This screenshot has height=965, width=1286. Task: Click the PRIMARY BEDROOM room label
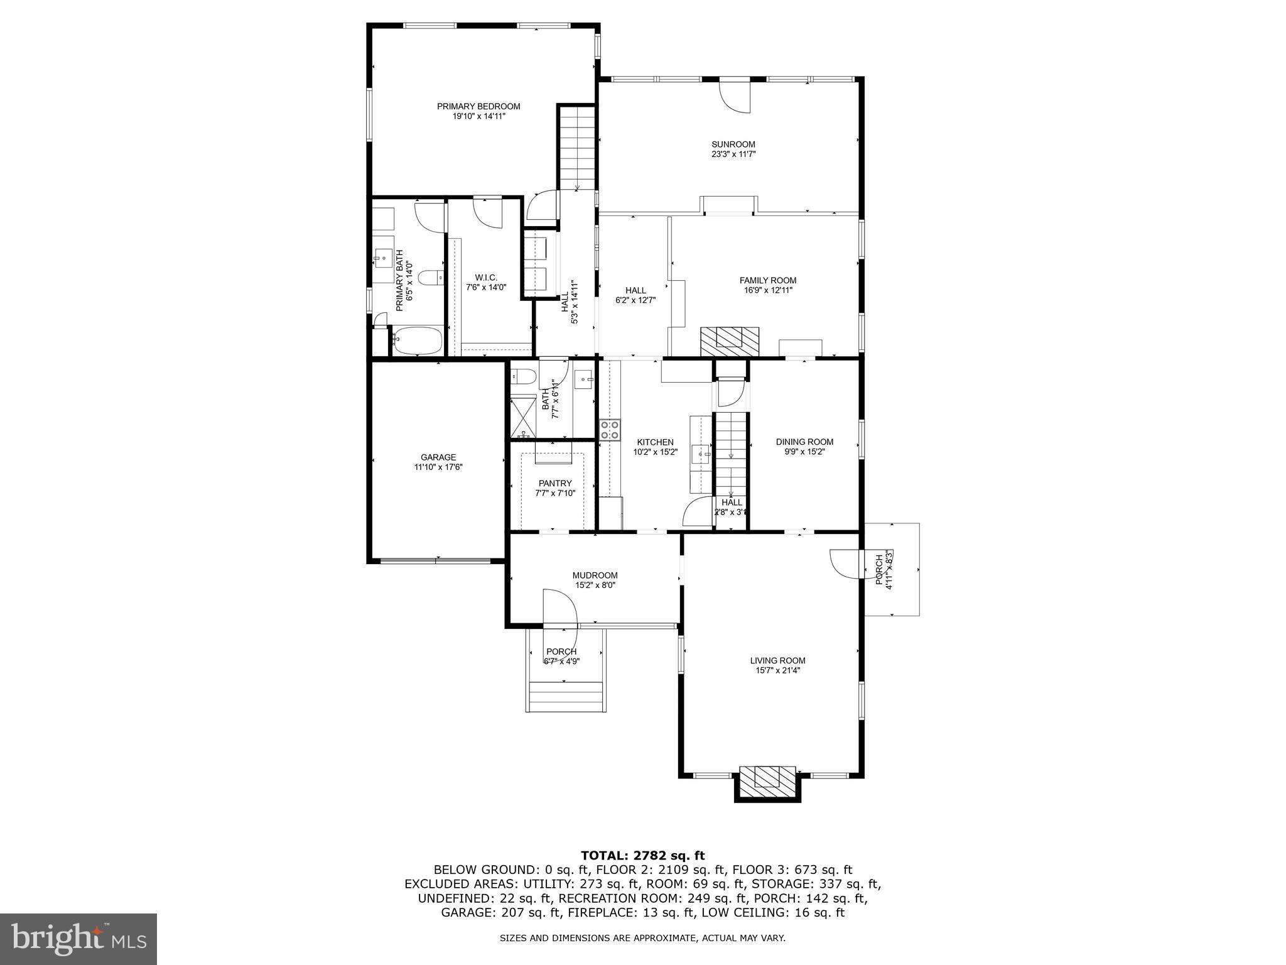tap(478, 106)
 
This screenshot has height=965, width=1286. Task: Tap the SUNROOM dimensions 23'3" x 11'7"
tap(733, 154)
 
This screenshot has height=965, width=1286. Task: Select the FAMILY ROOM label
tap(767, 280)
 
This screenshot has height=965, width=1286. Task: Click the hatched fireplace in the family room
tap(729, 341)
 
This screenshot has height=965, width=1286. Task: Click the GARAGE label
tap(438, 457)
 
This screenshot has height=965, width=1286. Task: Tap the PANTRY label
tap(555, 483)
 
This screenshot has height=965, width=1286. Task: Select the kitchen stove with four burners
tap(610, 430)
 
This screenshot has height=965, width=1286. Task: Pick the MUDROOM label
tap(595, 575)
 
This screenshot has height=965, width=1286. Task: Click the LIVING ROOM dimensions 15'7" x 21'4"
tap(777, 670)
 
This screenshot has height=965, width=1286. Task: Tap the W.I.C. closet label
tap(486, 277)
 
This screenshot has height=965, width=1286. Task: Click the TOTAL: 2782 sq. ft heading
tap(642, 855)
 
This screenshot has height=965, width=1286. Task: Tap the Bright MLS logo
tap(78, 939)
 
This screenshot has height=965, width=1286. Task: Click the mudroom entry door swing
tap(560, 608)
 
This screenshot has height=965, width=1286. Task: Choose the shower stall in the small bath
tap(521, 416)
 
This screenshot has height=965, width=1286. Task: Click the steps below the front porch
tap(566, 697)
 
